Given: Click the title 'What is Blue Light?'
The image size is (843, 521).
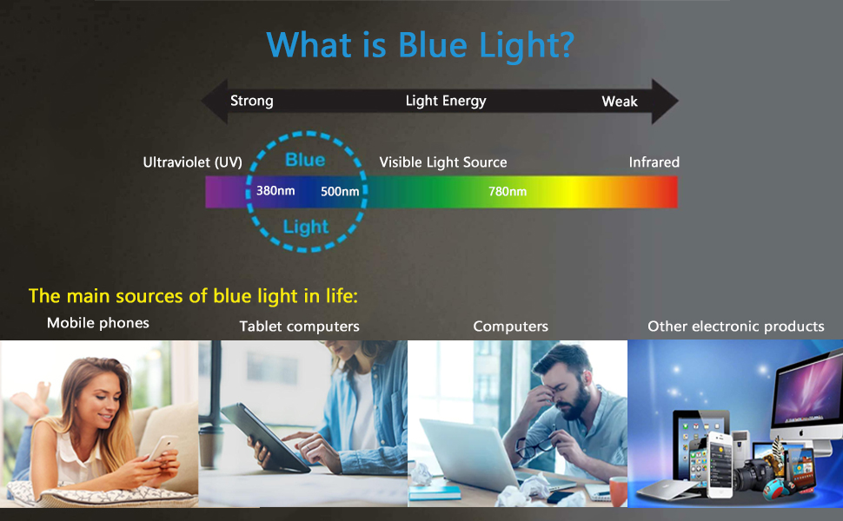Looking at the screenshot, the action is coord(421,45).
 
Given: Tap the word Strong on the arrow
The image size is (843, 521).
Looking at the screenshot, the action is coord(252,101).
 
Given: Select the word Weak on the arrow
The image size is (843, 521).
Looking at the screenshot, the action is coord(620,102).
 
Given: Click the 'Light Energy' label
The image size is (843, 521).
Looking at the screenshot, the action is coord(446,101).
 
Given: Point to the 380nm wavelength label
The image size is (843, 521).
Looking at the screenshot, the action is coord(275,191).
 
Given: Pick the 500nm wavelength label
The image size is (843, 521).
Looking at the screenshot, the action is coord(340,192).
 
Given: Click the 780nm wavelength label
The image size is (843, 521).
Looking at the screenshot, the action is coord(508,191).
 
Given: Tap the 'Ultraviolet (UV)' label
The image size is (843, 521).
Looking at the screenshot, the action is coord(192,162).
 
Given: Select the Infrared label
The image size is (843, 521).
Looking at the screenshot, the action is coord(654,162).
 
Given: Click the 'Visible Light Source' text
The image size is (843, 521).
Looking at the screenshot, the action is coord(443,162).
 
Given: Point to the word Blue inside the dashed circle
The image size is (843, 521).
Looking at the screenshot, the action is coord(305,160).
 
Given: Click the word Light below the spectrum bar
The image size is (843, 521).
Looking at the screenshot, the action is coord(306,228).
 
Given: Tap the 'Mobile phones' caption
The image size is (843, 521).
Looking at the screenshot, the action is coord(98,323).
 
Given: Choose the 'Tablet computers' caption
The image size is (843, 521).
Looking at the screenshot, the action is coord(300,326).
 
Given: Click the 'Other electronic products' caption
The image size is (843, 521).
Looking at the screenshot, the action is coord(735,326).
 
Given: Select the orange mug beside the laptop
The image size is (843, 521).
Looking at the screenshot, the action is coord(618,491).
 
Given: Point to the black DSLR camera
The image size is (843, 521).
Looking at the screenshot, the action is coord(753,474).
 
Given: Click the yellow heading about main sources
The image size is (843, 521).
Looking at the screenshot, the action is coord(193,296).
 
